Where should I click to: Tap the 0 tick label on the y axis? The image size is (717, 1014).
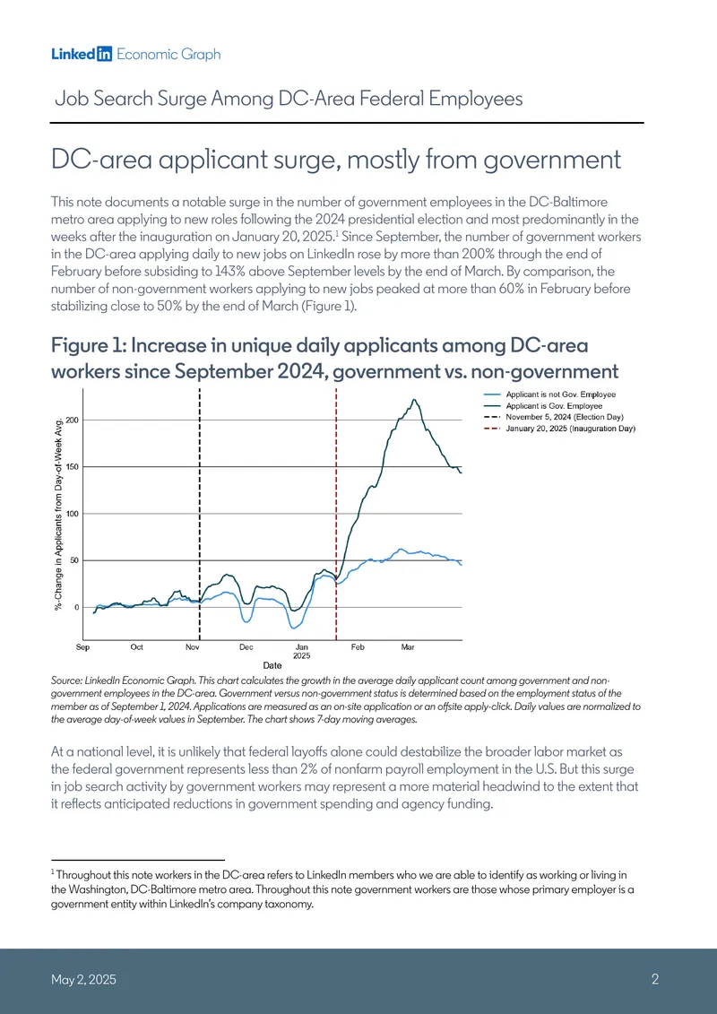pyautogui.click(x=75, y=607)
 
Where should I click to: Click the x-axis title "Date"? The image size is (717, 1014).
pyautogui.click(x=272, y=664)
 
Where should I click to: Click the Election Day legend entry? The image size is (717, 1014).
pyautogui.click(x=553, y=417)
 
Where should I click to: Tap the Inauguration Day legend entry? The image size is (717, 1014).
pyautogui.click(x=560, y=429)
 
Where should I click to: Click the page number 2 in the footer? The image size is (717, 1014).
pyautogui.click(x=655, y=980)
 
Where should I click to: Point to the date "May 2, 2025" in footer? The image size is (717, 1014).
pyautogui.click(x=84, y=980)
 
